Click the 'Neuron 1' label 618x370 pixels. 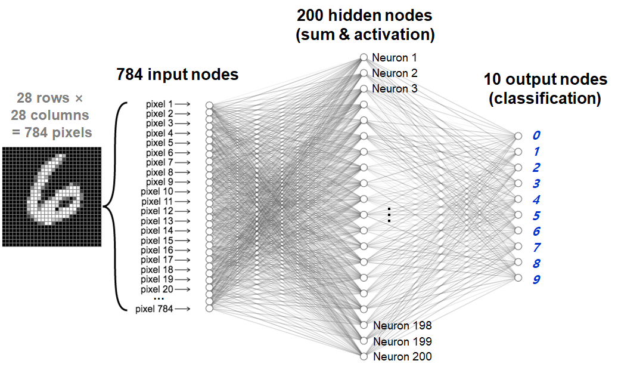coord(394,58)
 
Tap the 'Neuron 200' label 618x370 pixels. coord(402,357)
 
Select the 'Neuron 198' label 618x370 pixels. coord(402,325)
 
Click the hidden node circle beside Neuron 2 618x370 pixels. coord(364,73)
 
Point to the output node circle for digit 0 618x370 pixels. coord(518,136)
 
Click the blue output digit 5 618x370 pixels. coord(536,215)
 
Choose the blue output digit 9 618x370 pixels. coord(536,279)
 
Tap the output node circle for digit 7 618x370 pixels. coord(518,247)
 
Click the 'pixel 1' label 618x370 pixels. coord(159,104)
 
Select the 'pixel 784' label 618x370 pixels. coord(154,309)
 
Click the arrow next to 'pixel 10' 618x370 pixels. coord(182,192)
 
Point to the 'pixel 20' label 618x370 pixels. coord(157,289)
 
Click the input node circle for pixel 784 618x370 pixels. coord(209,308)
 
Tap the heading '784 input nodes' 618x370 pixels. coord(178,74)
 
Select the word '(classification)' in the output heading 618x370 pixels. coord(545,98)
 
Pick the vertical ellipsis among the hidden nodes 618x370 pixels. coord(389,214)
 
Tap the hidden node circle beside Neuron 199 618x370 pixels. coord(364,341)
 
